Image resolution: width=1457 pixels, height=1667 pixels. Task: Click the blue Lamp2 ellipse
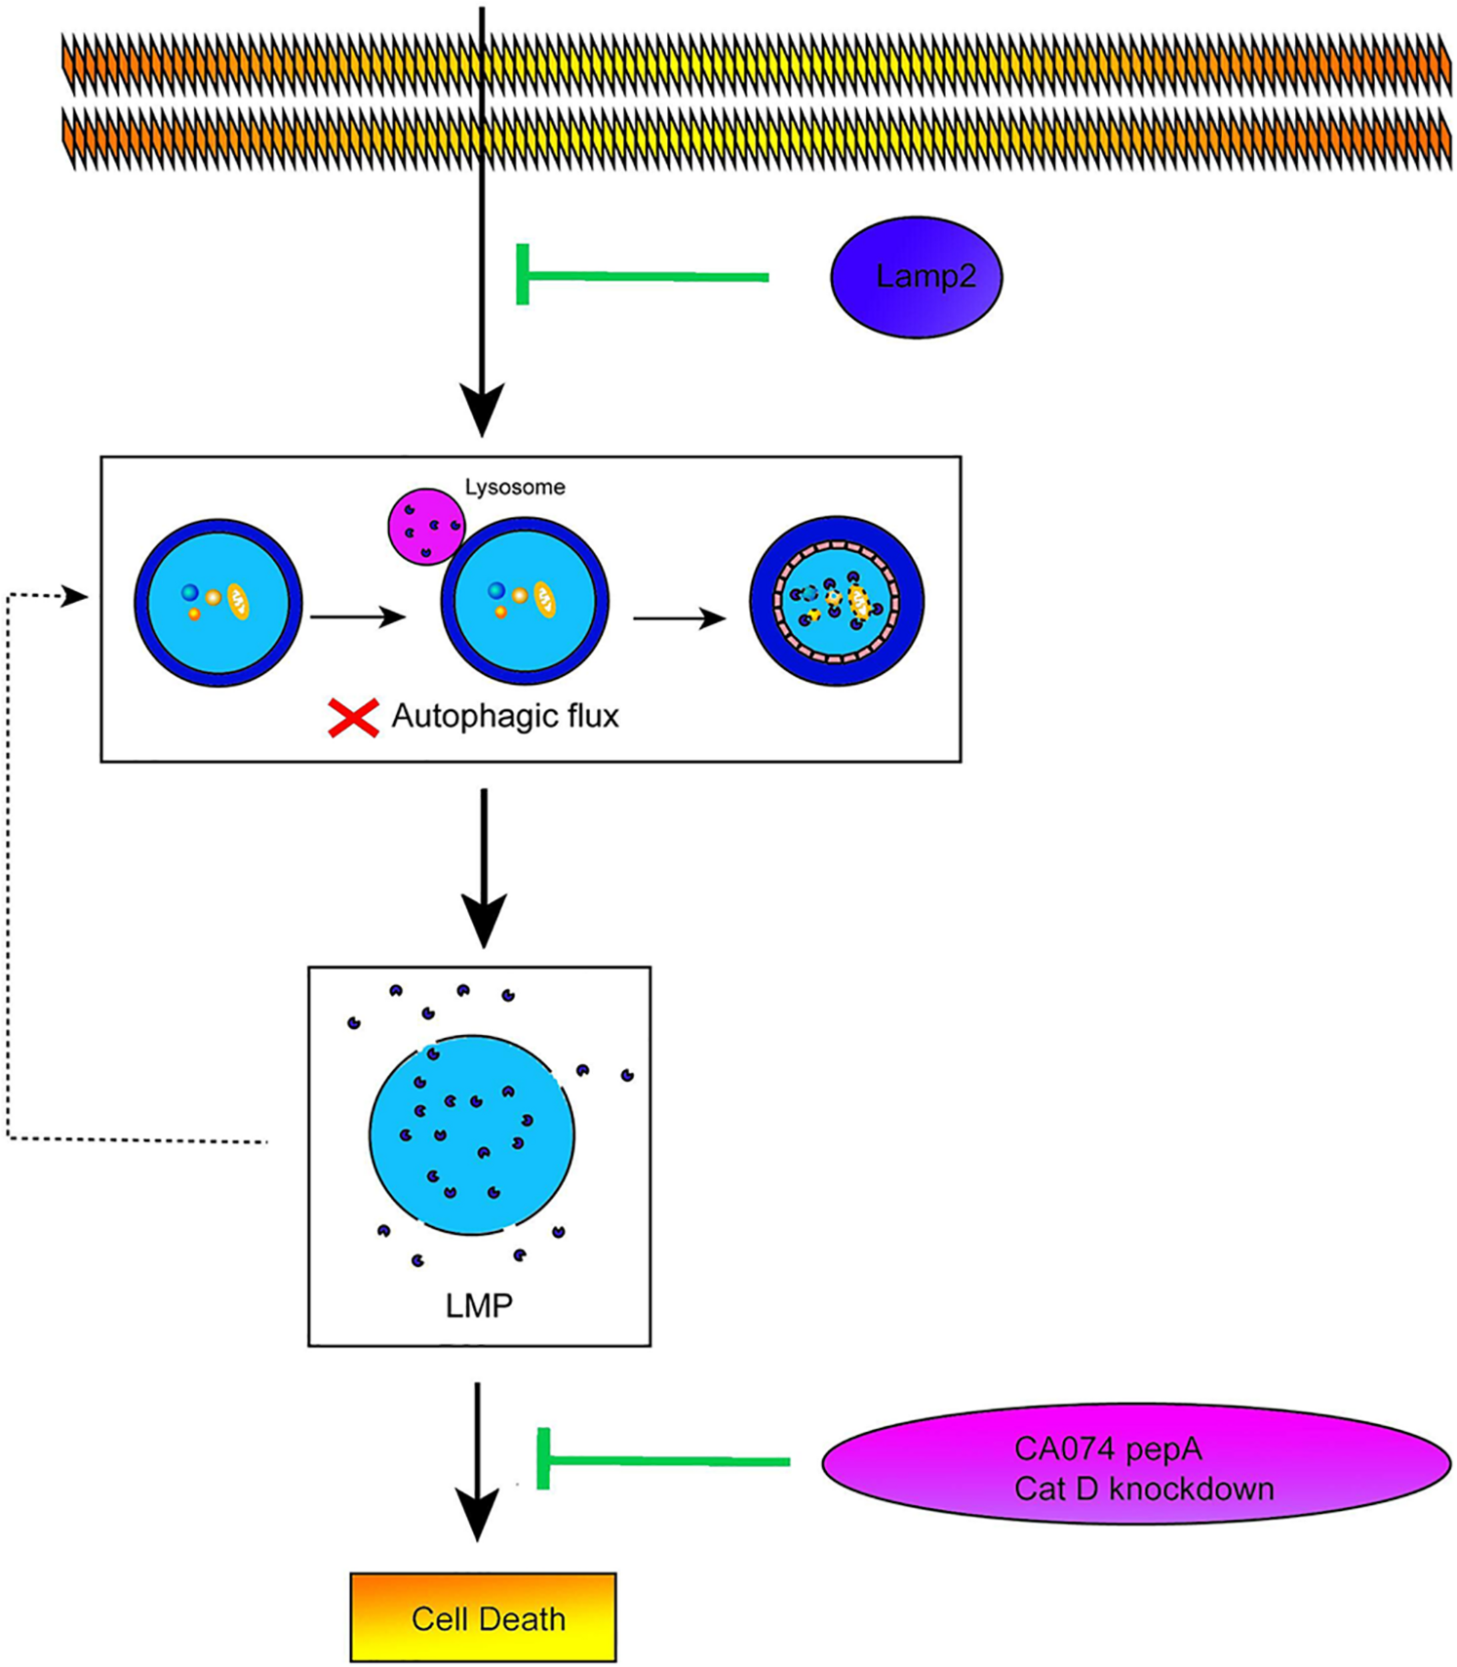(916, 277)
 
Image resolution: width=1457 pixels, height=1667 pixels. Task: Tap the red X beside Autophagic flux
(353, 718)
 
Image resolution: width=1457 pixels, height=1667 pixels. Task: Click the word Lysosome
(515, 487)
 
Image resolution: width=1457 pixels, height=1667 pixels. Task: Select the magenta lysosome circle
(426, 526)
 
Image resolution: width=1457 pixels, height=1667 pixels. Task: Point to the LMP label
(479, 1305)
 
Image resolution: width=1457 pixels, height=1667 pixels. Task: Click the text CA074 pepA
(1108, 1448)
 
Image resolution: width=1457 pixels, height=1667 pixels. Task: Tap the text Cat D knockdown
(1143, 1489)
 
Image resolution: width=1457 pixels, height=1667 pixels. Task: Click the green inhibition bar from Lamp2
(642, 277)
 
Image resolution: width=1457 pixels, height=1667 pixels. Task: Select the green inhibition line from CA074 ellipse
(663, 1460)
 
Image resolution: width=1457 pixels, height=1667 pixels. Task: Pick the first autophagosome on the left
(218, 603)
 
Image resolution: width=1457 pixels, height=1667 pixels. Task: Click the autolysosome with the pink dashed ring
(837, 601)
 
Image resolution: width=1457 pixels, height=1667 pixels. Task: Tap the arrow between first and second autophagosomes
(357, 617)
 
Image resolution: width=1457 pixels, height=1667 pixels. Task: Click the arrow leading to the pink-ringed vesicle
(679, 619)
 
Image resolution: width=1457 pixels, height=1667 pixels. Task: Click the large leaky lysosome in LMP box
(471, 1135)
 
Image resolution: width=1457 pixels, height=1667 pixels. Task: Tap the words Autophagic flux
(505, 716)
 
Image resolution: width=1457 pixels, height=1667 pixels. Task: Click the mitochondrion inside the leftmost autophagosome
(238, 601)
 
